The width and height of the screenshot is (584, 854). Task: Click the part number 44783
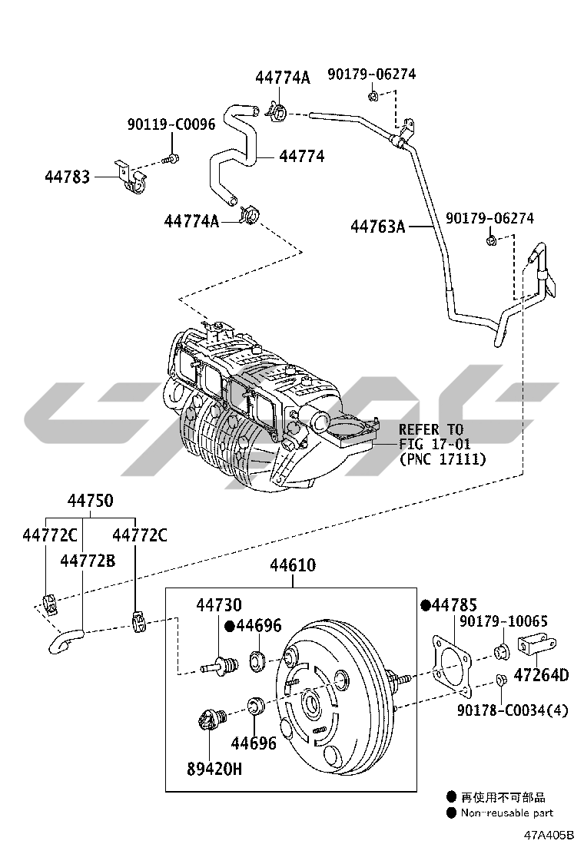coord(66,177)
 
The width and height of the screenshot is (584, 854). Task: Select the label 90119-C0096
coord(171,124)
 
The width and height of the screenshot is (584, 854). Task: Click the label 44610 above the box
coord(292,566)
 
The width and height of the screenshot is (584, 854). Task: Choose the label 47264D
coord(541,676)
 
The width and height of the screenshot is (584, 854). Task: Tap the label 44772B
coord(87,561)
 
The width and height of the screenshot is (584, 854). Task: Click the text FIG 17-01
coord(434,444)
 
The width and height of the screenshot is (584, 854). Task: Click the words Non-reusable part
coord(506,813)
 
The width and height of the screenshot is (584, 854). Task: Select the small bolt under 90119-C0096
coord(171,160)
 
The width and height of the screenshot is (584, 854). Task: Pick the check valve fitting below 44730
coord(220,664)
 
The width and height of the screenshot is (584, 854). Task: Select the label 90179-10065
coord(503,623)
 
